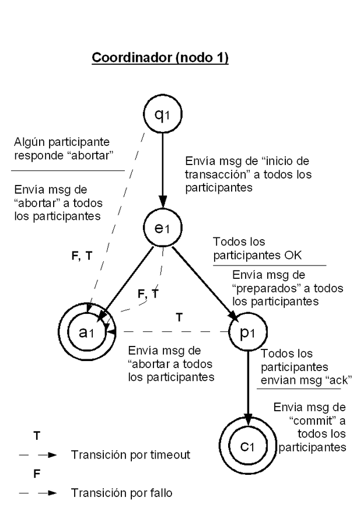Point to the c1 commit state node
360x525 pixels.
247,446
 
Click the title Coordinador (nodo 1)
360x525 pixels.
160,59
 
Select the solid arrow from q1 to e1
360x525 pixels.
162,173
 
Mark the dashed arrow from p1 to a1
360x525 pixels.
169,332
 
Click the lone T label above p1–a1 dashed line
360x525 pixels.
179,318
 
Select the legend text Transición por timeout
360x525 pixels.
130,454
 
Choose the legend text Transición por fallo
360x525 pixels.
121,493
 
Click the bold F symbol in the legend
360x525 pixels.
37,474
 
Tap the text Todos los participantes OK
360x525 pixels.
257,249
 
